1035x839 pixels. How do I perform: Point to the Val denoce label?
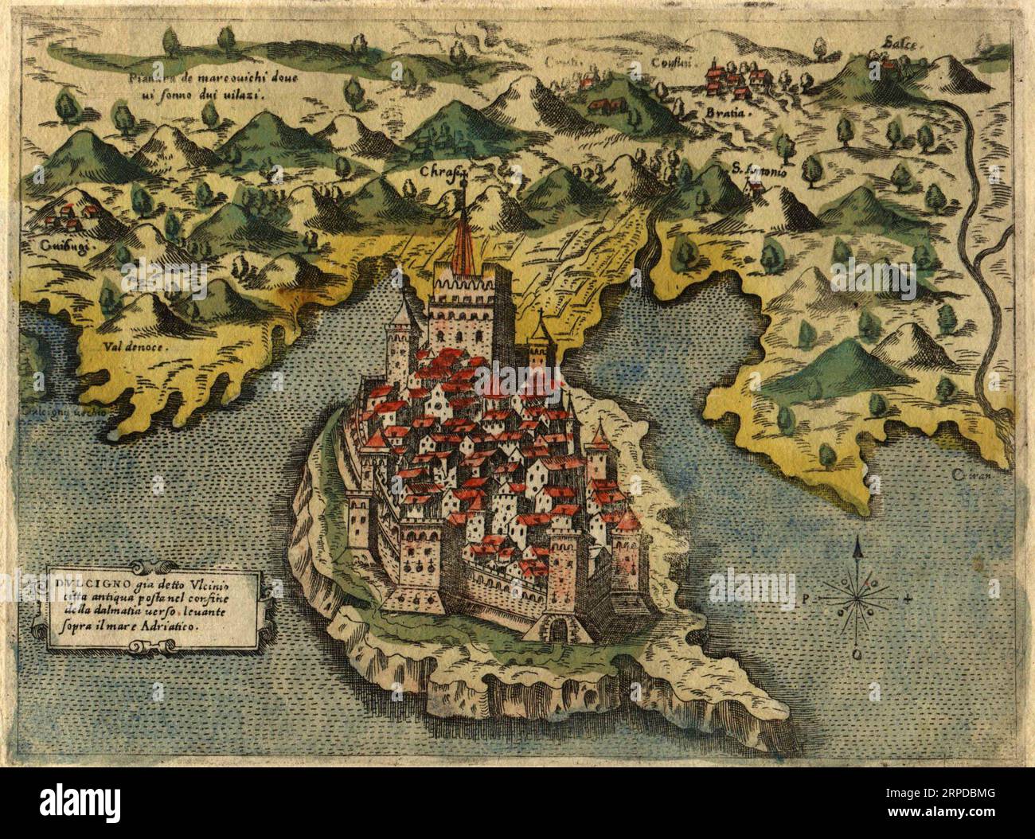[133, 348]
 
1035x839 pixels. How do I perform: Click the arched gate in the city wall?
[559, 630]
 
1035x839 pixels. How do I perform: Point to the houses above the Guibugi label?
[68, 213]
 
